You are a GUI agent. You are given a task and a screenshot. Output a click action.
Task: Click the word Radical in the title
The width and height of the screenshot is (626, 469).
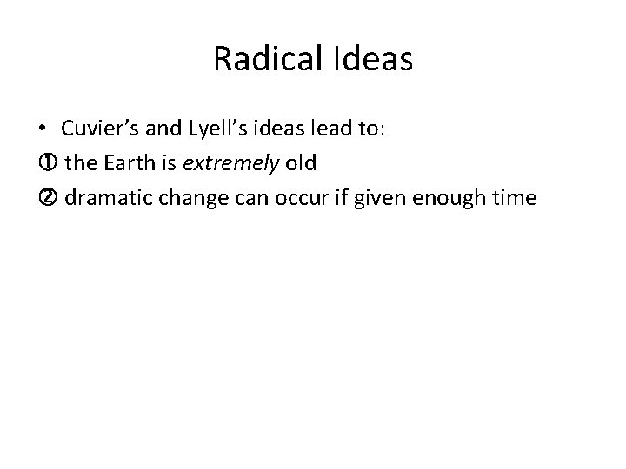(x=263, y=59)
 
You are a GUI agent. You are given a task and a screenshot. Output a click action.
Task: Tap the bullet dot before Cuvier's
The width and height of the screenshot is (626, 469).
(x=43, y=129)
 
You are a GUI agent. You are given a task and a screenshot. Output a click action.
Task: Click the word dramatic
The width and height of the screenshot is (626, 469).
(x=106, y=198)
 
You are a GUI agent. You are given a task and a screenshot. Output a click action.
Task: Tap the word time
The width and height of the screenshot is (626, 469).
(x=515, y=198)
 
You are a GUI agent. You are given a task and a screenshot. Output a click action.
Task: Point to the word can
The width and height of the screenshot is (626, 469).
(x=252, y=198)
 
